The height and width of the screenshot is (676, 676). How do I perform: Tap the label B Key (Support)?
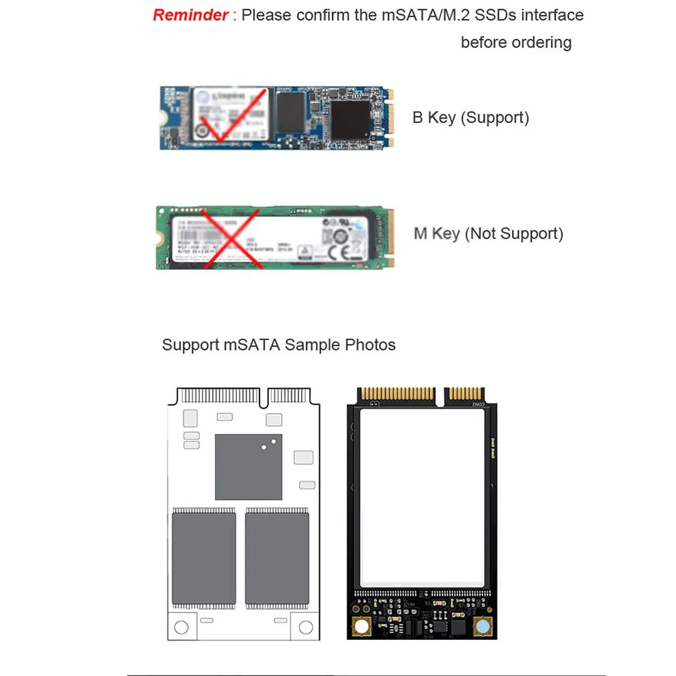point(471,118)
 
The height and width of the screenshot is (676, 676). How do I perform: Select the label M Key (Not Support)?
point(488,234)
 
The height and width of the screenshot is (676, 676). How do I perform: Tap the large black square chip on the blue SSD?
point(350,120)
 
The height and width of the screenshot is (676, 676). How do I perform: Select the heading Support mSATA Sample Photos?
point(278,345)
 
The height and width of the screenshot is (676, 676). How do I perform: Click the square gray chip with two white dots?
point(248,467)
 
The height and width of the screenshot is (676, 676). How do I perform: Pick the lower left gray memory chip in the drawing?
point(204,558)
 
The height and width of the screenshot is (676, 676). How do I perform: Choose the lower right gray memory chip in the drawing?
point(277,558)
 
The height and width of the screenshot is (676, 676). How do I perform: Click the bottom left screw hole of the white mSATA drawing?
point(181,627)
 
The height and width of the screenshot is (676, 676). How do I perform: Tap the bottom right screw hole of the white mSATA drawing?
point(306,627)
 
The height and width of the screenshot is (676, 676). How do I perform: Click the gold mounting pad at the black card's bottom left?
point(362,627)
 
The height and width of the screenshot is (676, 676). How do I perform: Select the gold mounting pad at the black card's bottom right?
point(481,627)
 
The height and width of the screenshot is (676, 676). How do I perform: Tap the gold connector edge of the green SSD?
point(390,238)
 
